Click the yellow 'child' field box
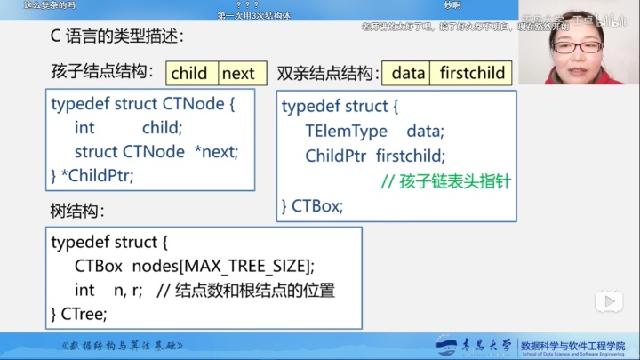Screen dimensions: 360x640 pos(188,73)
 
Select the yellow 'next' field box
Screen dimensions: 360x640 pos(237,73)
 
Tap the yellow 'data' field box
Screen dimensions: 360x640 pos(408,73)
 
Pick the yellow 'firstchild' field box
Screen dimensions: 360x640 pos(472,73)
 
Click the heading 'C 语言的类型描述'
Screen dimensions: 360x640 pos(116,37)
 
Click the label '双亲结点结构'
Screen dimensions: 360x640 pos(324,73)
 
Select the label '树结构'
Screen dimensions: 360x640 pos(77,212)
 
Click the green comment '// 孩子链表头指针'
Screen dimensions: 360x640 pos(445,181)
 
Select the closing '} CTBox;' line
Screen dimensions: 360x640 pos(312,206)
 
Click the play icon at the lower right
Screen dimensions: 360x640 pos(608,301)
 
